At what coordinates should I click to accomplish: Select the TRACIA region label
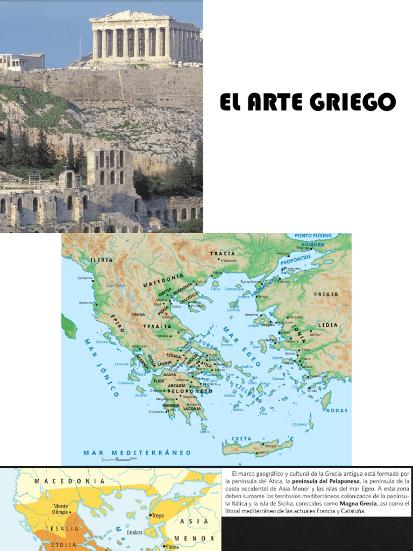[x=223, y=253]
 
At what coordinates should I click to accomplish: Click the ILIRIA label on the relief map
[x=102, y=259]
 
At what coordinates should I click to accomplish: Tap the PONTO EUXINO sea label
[x=313, y=236]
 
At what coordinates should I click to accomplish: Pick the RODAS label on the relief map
[x=337, y=411]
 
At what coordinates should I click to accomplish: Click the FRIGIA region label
[x=326, y=294]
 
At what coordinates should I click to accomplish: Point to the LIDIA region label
[x=327, y=325]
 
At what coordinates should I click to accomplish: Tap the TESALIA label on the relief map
[x=157, y=327]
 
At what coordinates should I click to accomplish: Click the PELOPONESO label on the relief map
[x=192, y=391]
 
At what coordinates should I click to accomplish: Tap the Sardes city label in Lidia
[x=315, y=334]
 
